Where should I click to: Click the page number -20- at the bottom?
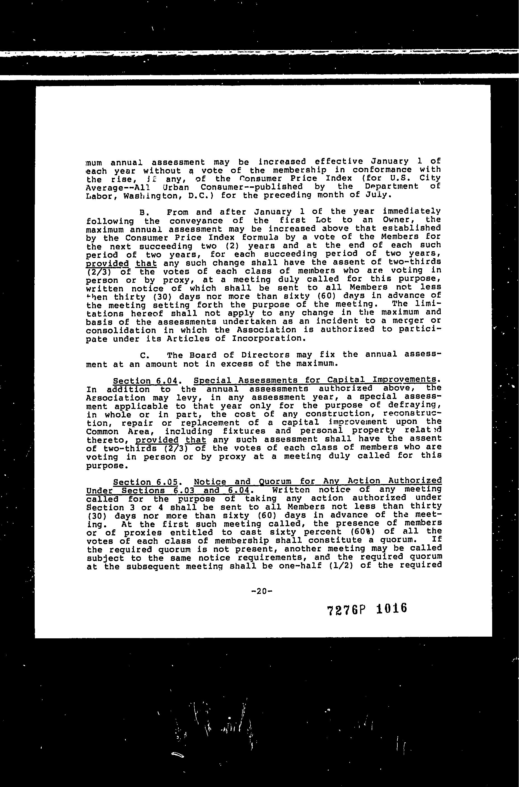point(261,591)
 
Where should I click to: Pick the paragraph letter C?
point(144,355)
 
